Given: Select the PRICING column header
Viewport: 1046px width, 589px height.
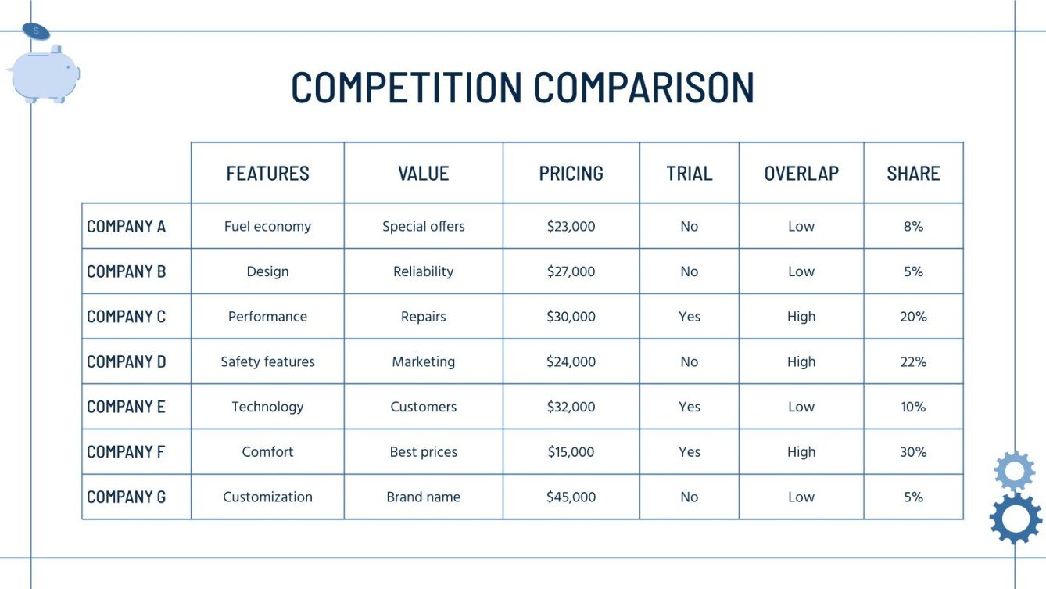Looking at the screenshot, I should tap(571, 173).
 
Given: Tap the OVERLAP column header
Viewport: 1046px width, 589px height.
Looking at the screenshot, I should tap(801, 173).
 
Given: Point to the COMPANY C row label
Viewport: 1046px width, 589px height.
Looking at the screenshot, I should tap(126, 317).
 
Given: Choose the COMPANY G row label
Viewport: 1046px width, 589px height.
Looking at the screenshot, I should tap(126, 497).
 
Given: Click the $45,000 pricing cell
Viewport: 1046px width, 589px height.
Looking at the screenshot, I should tap(571, 497).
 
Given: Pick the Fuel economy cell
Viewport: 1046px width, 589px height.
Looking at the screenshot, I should tap(267, 227).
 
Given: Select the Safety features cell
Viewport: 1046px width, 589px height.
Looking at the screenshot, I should tap(267, 361).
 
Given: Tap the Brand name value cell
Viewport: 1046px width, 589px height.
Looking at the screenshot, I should tap(423, 497).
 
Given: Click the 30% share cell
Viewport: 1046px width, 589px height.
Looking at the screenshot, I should tap(913, 452).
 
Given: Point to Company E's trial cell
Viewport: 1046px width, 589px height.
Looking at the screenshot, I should tap(690, 407).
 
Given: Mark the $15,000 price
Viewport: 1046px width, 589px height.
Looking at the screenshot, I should tap(571, 452).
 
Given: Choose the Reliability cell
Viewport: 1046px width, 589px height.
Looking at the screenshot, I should tap(423, 271).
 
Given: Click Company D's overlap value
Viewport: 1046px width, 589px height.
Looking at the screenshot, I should tap(801, 361).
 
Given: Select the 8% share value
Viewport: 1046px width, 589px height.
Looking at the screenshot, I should tap(913, 227).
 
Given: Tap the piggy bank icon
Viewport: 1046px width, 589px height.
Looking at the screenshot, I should tap(44, 75).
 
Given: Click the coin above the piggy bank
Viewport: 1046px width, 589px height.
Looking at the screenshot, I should tap(36, 31).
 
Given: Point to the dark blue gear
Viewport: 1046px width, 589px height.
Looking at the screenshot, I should tap(1016, 518).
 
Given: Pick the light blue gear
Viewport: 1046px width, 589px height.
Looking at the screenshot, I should tap(1014, 471).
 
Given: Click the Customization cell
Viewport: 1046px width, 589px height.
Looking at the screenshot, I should tap(267, 497).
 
